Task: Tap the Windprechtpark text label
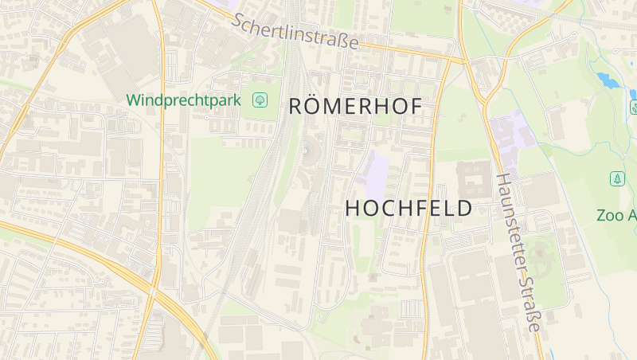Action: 186,100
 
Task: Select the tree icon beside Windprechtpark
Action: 260,100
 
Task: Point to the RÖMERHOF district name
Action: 354,106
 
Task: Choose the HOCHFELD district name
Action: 408,209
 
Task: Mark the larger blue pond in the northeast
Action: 608,80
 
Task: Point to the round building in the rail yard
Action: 307,151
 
